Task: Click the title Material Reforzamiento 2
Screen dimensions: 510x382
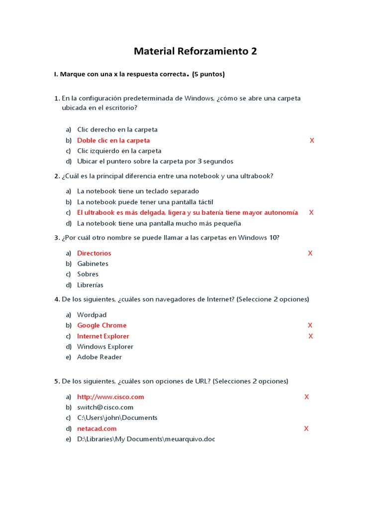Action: pos(195,51)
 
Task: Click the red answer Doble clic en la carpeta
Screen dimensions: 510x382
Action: pos(113,140)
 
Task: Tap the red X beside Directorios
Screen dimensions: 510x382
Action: pos(310,253)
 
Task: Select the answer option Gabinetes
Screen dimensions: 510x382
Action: pos(93,263)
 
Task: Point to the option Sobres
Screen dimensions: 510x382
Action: pos(88,274)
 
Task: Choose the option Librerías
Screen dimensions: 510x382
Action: pos(90,285)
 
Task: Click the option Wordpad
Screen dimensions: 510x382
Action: pos(92,315)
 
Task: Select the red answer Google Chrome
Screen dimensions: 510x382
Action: pos(101,325)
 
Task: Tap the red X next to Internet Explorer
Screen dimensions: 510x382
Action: pos(310,336)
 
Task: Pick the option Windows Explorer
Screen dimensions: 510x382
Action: pos(105,347)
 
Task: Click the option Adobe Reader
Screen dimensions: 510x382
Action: pos(99,357)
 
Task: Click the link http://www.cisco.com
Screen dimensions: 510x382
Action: pos(110,397)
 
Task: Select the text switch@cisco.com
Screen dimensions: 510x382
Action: pos(105,407)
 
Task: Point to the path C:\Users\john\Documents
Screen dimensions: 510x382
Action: pos(117,418)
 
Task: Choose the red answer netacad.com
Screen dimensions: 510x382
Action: pos(96,428)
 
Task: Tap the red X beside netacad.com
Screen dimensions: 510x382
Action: pos(306,428)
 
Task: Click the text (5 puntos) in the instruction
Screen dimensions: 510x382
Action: pos(208,74)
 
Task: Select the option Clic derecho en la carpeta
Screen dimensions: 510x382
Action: pos(117,129)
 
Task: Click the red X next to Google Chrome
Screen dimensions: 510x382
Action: pos(310,325)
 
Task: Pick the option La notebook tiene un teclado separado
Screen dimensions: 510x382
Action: pos(138,191)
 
